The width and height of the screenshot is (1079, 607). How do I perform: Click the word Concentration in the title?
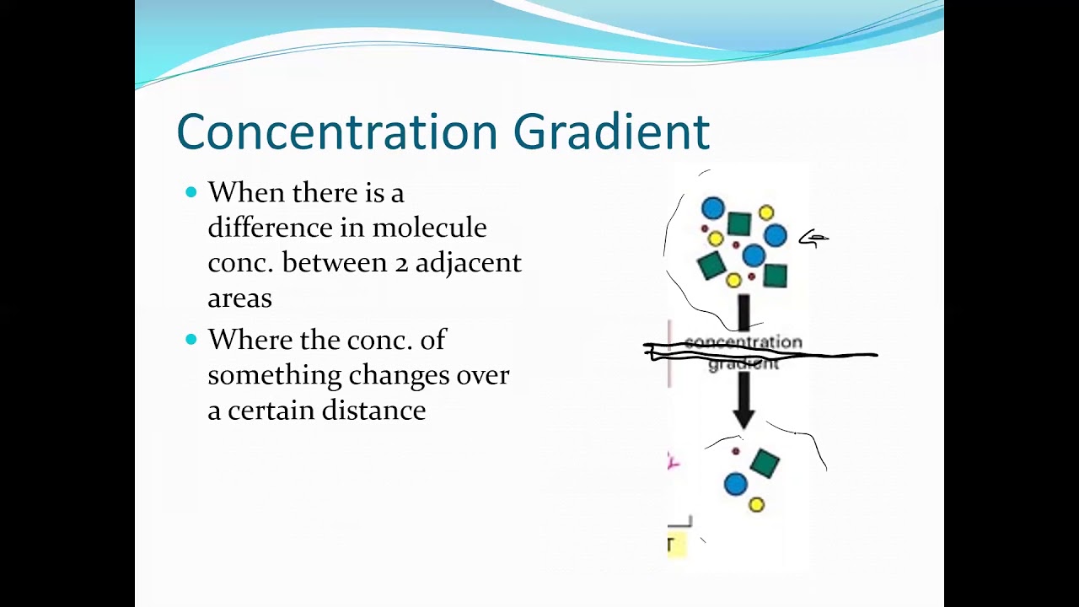point(337,132)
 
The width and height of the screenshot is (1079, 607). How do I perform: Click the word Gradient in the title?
point(611,132)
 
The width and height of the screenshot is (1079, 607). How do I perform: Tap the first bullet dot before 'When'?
point(191,192)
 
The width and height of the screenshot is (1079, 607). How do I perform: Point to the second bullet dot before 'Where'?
point(191,339)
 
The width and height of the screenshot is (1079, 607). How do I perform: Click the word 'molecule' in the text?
point(429,228)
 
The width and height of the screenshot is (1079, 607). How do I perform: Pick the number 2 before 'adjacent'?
point(401,263)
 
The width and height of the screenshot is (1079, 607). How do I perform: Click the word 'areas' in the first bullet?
point(239,298)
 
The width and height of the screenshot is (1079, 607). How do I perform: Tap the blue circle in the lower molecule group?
point(735,484)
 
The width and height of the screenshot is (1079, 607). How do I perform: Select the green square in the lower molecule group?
point(765,462)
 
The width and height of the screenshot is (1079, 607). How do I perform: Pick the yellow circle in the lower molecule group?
point(756,505)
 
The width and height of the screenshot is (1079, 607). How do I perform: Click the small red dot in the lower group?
point(735,452)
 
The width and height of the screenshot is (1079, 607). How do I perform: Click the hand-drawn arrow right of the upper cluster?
point(813,239)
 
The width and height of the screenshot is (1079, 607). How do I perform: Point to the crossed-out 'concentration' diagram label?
point(743,342)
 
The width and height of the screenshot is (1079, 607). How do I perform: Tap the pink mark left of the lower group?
point(673,461)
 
